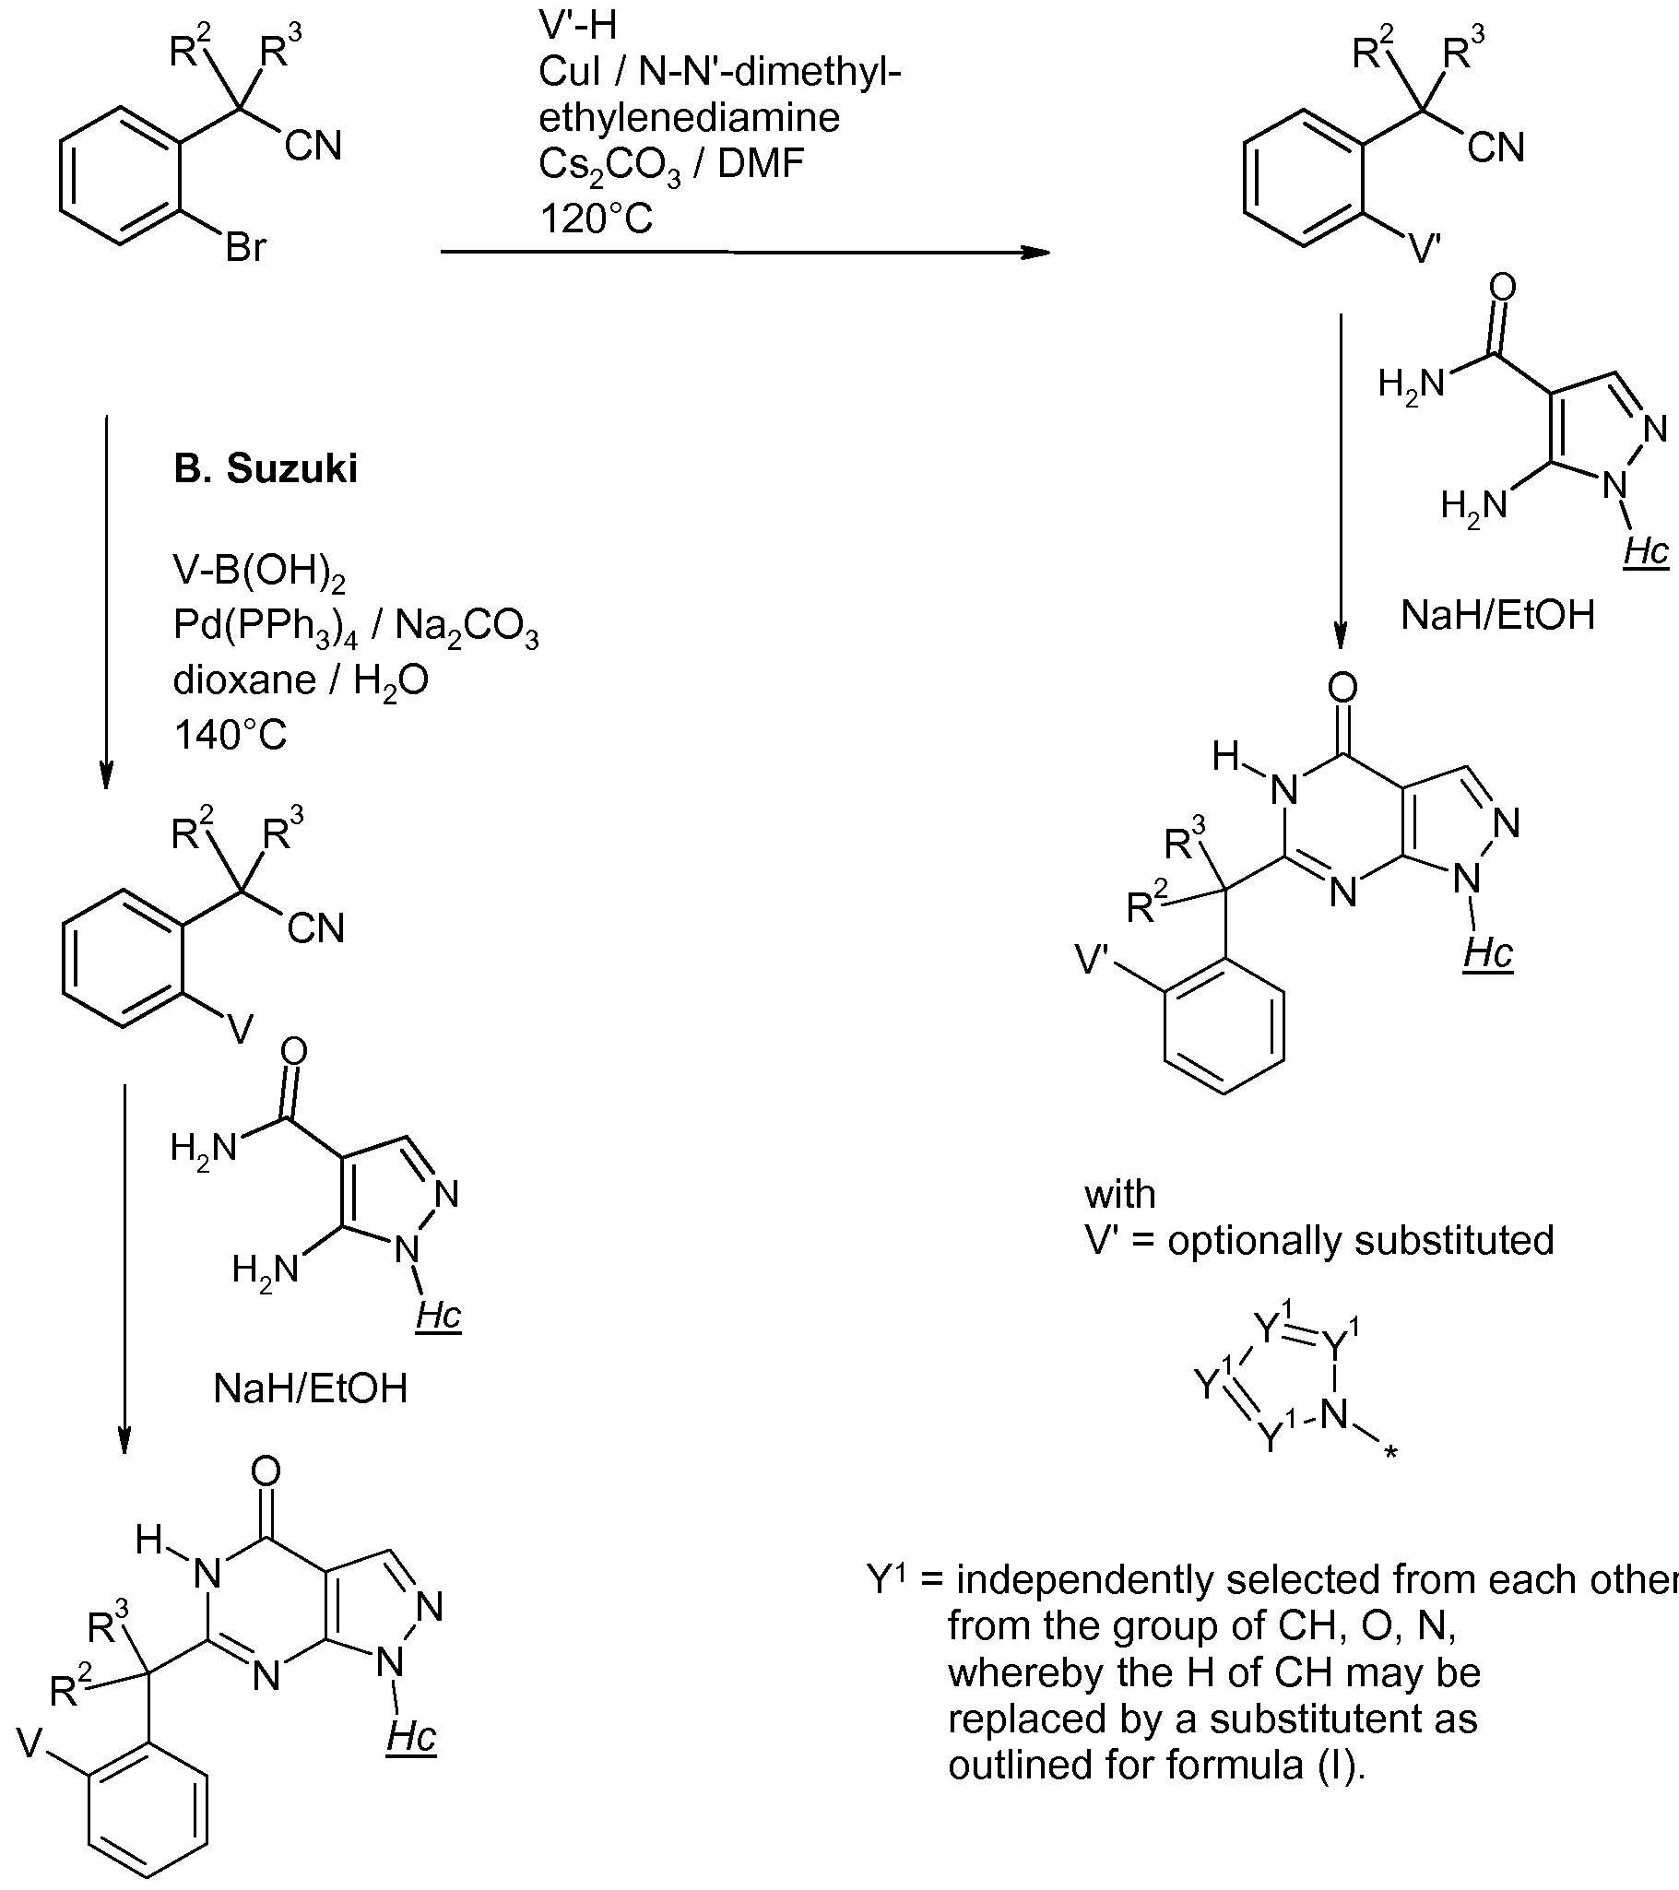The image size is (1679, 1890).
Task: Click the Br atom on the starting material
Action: point(246,247)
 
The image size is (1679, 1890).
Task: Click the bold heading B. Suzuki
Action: point(266,468)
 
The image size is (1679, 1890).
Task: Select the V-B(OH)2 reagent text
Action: point(259,574)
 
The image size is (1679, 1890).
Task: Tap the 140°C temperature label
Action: point(231,735)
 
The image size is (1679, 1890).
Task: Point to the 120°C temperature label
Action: point(597,219)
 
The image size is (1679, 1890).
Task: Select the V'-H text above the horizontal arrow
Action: point(578,26)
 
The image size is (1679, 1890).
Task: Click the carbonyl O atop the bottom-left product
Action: point(266,1471)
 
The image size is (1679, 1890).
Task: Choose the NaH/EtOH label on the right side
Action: point(1497,615)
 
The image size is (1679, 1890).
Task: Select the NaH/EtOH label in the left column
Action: point(311,1388)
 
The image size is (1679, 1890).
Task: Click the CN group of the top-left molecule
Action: point(313,146)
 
